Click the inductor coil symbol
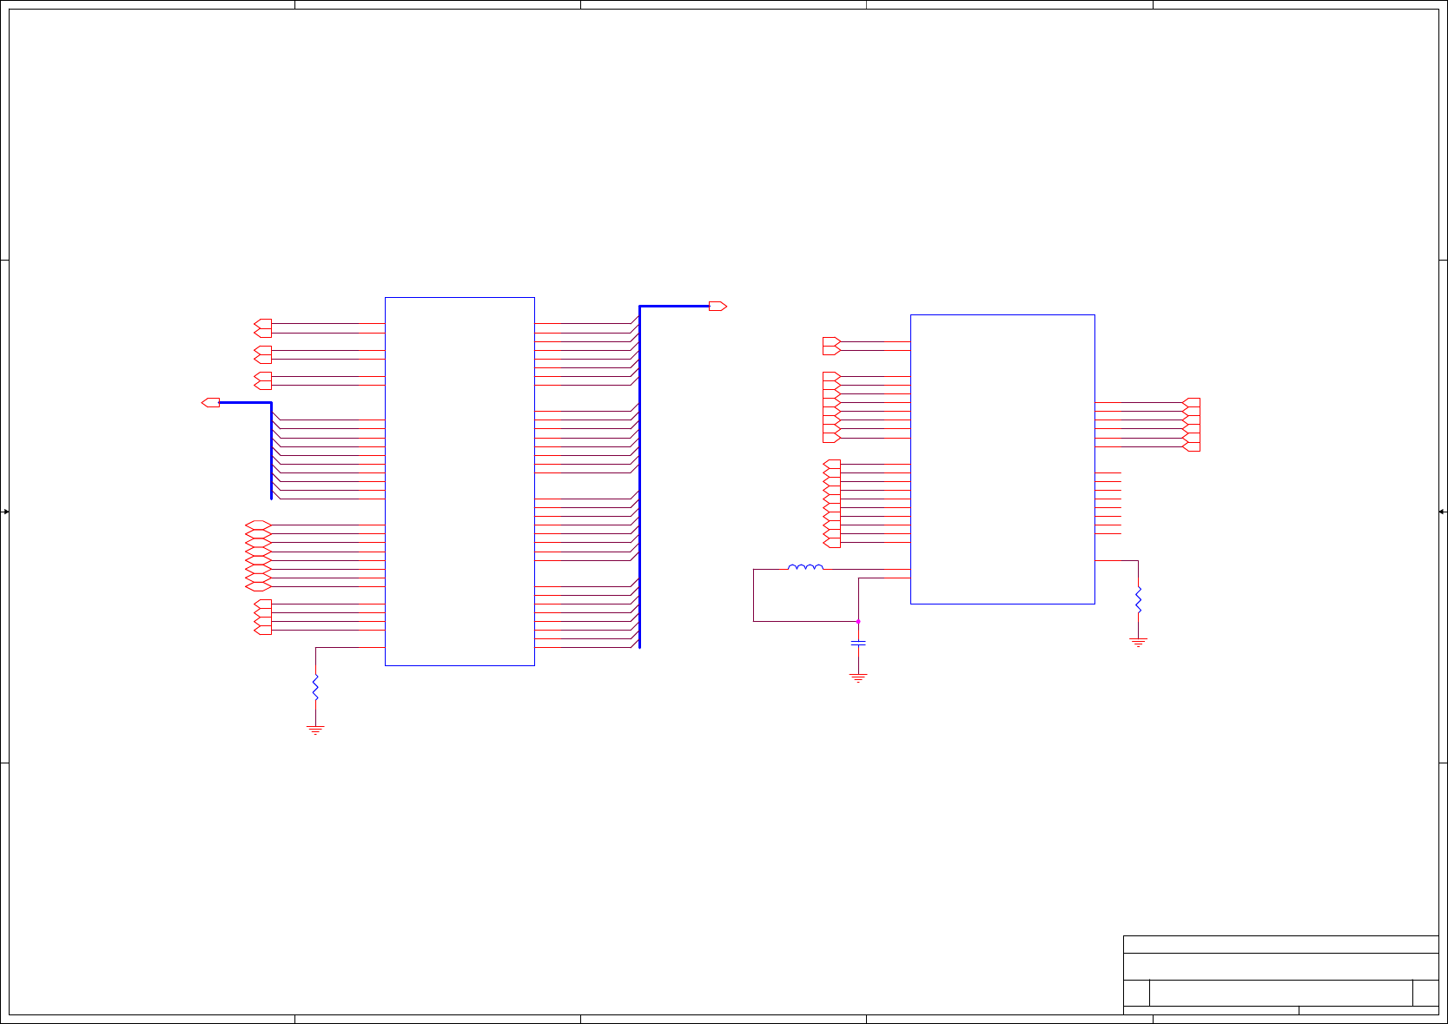[805, 568]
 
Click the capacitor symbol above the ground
[858, 644]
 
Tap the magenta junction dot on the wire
[858, 622]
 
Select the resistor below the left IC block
[315, 687]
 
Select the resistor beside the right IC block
[1138, 600]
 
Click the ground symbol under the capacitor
[858, 677]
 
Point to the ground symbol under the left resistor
[315, 730]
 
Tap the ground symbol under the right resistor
[1138, 642]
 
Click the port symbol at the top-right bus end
[717, 307]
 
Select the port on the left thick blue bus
[210, 403]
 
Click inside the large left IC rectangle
[460, 481]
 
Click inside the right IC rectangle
[1002, 459]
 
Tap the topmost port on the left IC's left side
[262, 324]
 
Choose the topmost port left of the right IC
[831, 341]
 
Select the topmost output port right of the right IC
[1192, 403]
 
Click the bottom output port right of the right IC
[1192, 446]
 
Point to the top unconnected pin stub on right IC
[1108, 473]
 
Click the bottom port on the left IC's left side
[262, 630]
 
